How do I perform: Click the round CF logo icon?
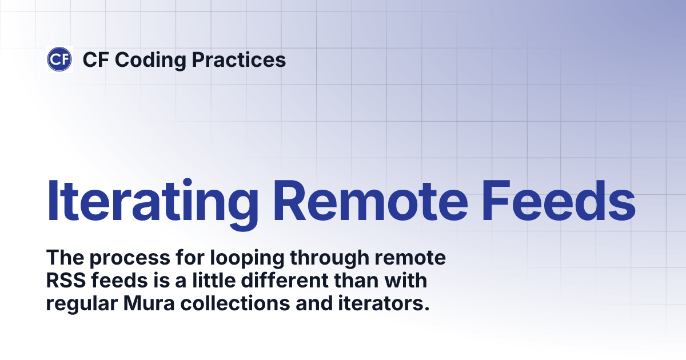[x=59, y=59]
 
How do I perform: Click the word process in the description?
[x=125, y=259]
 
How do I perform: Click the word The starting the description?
[x=63, y=259]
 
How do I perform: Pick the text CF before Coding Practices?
[x=94, y=60]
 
